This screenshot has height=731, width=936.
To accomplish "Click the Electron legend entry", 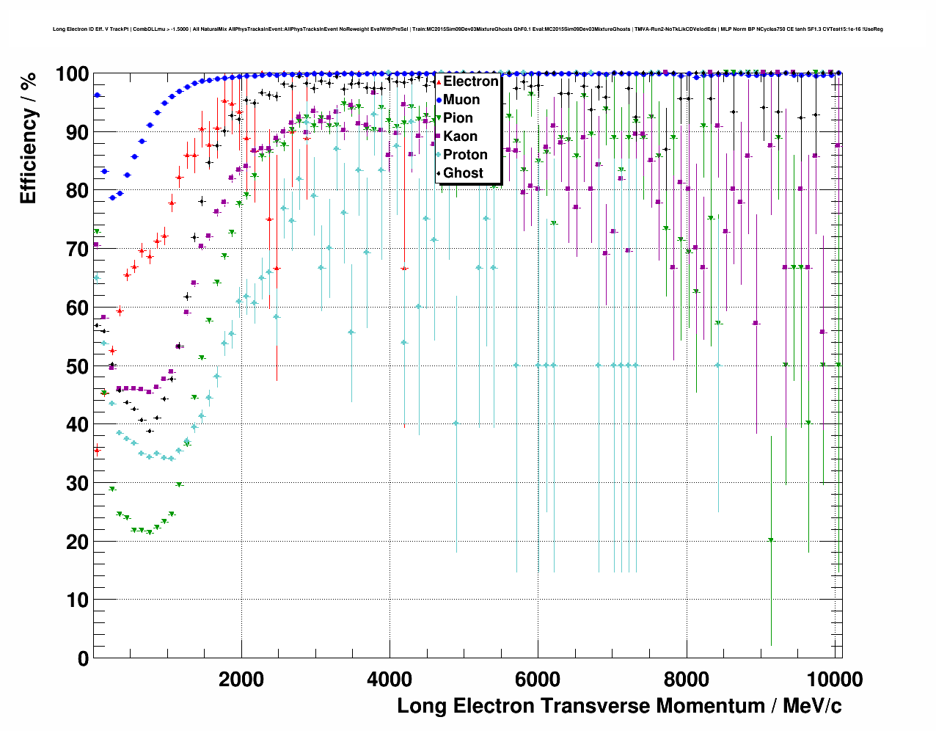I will point(470,81).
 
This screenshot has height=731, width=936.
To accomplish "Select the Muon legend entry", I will point(461,100).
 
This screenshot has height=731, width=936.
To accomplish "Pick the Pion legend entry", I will point(458,118).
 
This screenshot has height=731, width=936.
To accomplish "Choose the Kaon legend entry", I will point(460,137).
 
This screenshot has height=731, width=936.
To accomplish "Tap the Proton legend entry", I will point(465,155).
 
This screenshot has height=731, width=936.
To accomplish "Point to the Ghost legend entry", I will point(463,173).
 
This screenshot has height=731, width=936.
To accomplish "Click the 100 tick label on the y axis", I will point(72,74).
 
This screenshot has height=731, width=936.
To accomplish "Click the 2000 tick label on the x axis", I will point(241,679).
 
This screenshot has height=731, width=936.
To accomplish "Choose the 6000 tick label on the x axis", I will point(538,679).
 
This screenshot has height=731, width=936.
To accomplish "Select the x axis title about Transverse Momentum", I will point(619,706).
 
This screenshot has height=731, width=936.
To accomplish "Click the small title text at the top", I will point(468,29).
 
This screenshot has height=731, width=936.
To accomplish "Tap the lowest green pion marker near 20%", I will point(771,540).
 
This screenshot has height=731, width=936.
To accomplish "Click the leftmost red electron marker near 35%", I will point(97,451).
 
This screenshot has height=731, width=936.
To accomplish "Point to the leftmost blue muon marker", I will point(97,95).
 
